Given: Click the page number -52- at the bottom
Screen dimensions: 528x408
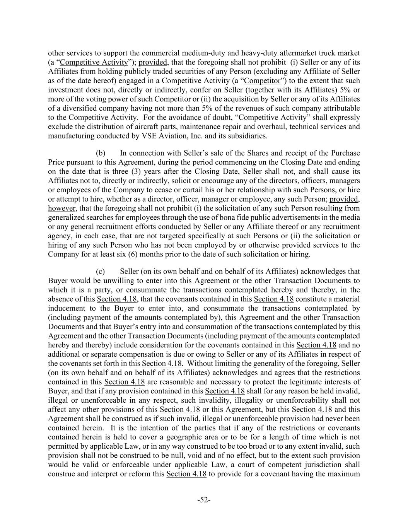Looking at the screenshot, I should point(204,500).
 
